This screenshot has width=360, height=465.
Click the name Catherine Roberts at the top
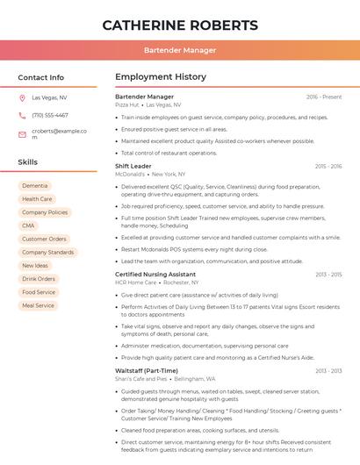pyautogui.click(x=180, y=25)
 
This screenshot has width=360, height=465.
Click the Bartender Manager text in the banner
pyautogui.click(x=180, y=51)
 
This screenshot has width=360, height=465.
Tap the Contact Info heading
pyautogui.click(x=41, y=77)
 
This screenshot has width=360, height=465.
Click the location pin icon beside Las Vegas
pyautogui.click(x=22, y=97)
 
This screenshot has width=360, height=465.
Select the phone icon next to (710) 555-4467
pyautogui.click(x=22, y=115)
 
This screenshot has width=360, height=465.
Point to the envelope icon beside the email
pyautogui.click(x=22, y=134)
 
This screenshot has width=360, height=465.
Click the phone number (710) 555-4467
pyautogui.click(x=50, y=115)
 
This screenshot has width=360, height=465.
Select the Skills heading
pyautogui.click(x=28, y=162)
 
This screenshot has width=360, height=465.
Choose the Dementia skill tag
pyautogui.click(x=35, y=186)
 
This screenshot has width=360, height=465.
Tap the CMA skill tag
pyautogui.click(x=29, y=225)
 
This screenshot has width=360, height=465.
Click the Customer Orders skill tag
pyautogui.click(x=44, y=239)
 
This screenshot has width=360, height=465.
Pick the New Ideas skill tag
pyautogui.click(x=35, y=265)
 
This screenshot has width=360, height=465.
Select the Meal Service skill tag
pyautogui.click(x=39, y=305)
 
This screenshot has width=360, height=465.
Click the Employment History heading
pyautogui.click(x=161, y=77)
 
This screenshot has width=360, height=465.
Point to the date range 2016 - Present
pyautogui.click(x=324, y=97)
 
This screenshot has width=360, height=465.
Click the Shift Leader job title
pyautogui.click(x=133, y=166)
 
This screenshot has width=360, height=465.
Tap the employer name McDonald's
pyautogui.click(x=130, y=174)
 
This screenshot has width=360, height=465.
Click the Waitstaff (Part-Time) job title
pyautogui.click(x=148, y=370)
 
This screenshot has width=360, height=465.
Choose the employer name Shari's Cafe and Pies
pyautogui.click(x=141, y=378)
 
